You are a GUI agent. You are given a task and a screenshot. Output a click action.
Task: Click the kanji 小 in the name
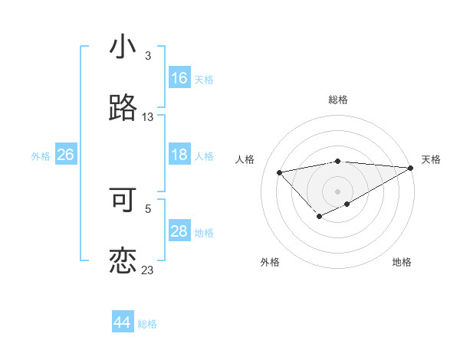[x=123, y=47]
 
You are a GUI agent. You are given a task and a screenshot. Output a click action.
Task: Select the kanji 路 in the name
[x=123, y=108]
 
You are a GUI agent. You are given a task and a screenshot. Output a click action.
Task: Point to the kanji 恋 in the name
[x=123, y=260]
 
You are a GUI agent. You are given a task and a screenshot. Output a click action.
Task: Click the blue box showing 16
[x=179, y=78]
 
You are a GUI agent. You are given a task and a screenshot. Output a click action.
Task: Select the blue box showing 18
[x=179, y=155]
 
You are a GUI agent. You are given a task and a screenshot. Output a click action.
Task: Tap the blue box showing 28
[x=179, y=231]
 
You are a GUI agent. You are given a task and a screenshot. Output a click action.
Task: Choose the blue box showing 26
[x=65, y=155]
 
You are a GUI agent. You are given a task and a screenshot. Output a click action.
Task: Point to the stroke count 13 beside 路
[x=148, y=117]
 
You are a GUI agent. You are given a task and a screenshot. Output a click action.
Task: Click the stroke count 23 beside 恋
[x=148, y=270]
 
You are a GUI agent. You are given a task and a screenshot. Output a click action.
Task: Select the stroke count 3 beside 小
[x=148, y=56]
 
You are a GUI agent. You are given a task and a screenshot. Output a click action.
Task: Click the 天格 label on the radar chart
[x=431, y=159]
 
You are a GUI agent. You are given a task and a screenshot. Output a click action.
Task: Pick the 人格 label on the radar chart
[x=245, y=159]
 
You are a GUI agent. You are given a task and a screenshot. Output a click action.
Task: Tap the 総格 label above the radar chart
[x=338, y=100]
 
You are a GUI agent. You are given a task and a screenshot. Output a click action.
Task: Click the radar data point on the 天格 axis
[x=411, y=168]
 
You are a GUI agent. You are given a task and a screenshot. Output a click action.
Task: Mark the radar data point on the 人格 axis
[x=279, y=172]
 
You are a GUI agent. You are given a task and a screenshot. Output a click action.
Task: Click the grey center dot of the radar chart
[x=338, y=191]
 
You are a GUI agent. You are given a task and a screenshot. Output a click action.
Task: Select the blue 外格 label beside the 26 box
[x=41, y=156]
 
